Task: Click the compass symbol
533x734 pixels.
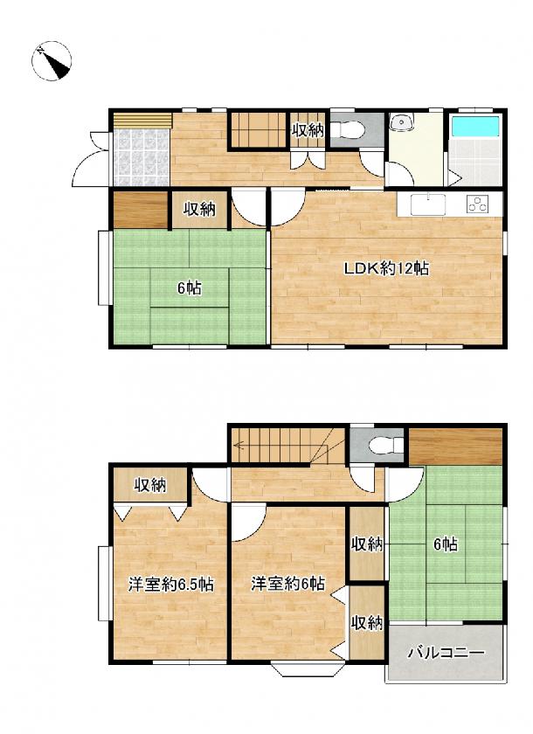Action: tap(52, 61)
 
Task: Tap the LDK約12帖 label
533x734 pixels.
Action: tap(386, 269)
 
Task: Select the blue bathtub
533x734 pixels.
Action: tap(474, 126)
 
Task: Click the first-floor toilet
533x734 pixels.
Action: tap(350, 128)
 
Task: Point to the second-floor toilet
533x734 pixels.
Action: tap(386, 445)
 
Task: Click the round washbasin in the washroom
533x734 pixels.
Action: tap(401, 122)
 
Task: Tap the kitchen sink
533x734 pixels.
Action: tap(428, 204)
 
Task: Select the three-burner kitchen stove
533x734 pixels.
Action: tap(478, 204)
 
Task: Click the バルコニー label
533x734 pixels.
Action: tap(445, 652)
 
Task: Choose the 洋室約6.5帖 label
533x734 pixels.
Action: tap(170, 585)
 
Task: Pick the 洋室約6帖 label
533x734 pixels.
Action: tap(287, 584)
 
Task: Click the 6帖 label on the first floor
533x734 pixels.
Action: tap(189, 288)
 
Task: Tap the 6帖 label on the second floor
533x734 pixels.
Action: tap(446, 544)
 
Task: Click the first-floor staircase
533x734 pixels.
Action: tap(259, 130)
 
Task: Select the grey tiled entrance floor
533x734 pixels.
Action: tap(141, 156)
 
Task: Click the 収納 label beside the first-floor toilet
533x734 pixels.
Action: tap(308, 130)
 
